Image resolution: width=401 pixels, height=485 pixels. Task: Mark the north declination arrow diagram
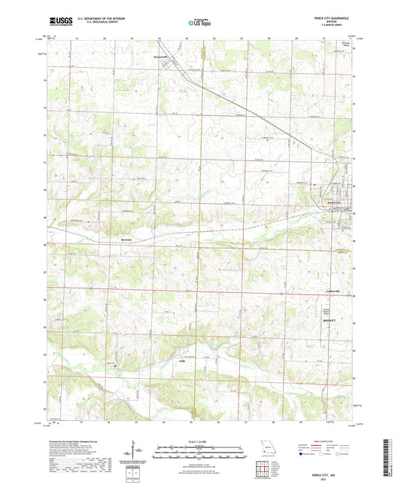point(135,450)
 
